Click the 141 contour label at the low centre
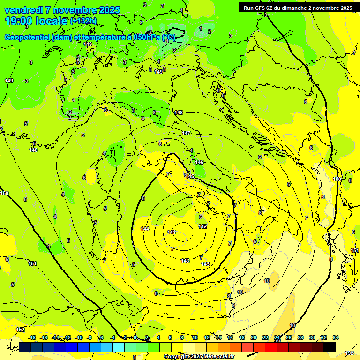(x=171, y=232)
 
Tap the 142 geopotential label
(x=202, y=226)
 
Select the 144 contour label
(x=145, y=229)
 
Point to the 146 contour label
(x=199, y=162)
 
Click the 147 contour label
(x=186, y=134)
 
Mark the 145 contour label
(x=190, y=176)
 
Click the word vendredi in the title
(x=22, y=10)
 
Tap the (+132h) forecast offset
(x=83, y=21)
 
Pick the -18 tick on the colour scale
(x=32, y=337)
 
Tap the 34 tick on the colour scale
(x=336, y=337)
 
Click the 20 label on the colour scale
(x=254, y=337)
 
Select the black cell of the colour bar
(x=330, y=347)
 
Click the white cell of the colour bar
(x=189, y=347)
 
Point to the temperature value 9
(x=233, y=305)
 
